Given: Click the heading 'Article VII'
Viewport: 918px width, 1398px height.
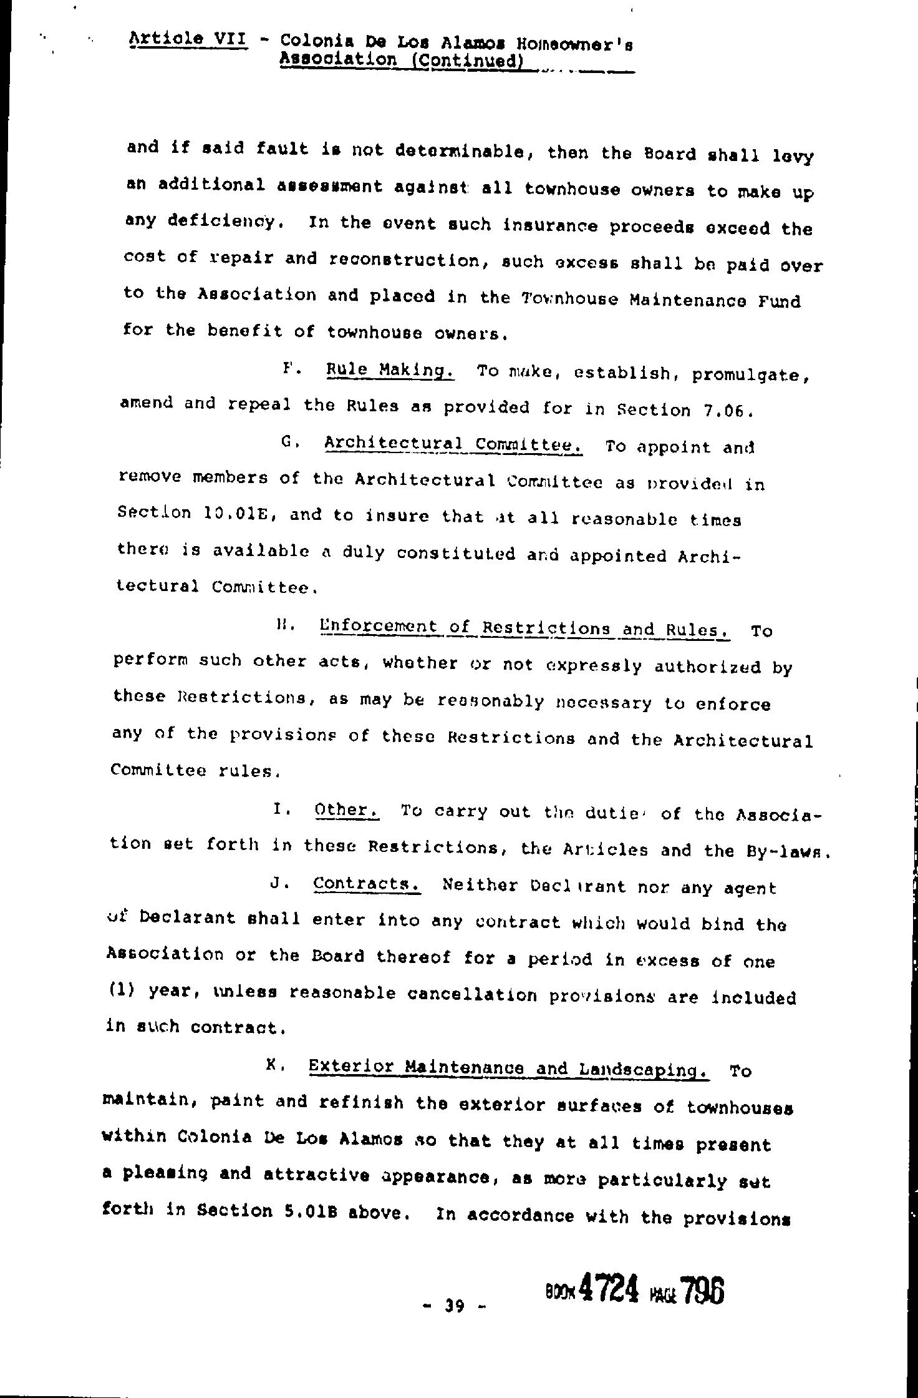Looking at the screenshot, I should [188, 39].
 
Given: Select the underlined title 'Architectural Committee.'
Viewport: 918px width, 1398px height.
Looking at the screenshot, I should [453, 444].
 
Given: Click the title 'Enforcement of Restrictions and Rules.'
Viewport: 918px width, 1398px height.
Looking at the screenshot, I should [524, 627].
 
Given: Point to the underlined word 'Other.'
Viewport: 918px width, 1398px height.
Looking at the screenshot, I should [347, 809].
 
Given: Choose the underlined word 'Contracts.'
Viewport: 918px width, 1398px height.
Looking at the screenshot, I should [367, 884].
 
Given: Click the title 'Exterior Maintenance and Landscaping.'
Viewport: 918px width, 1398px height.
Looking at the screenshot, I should [509, 1068].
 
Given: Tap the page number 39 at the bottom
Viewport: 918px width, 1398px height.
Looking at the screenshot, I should [453, 1304].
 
